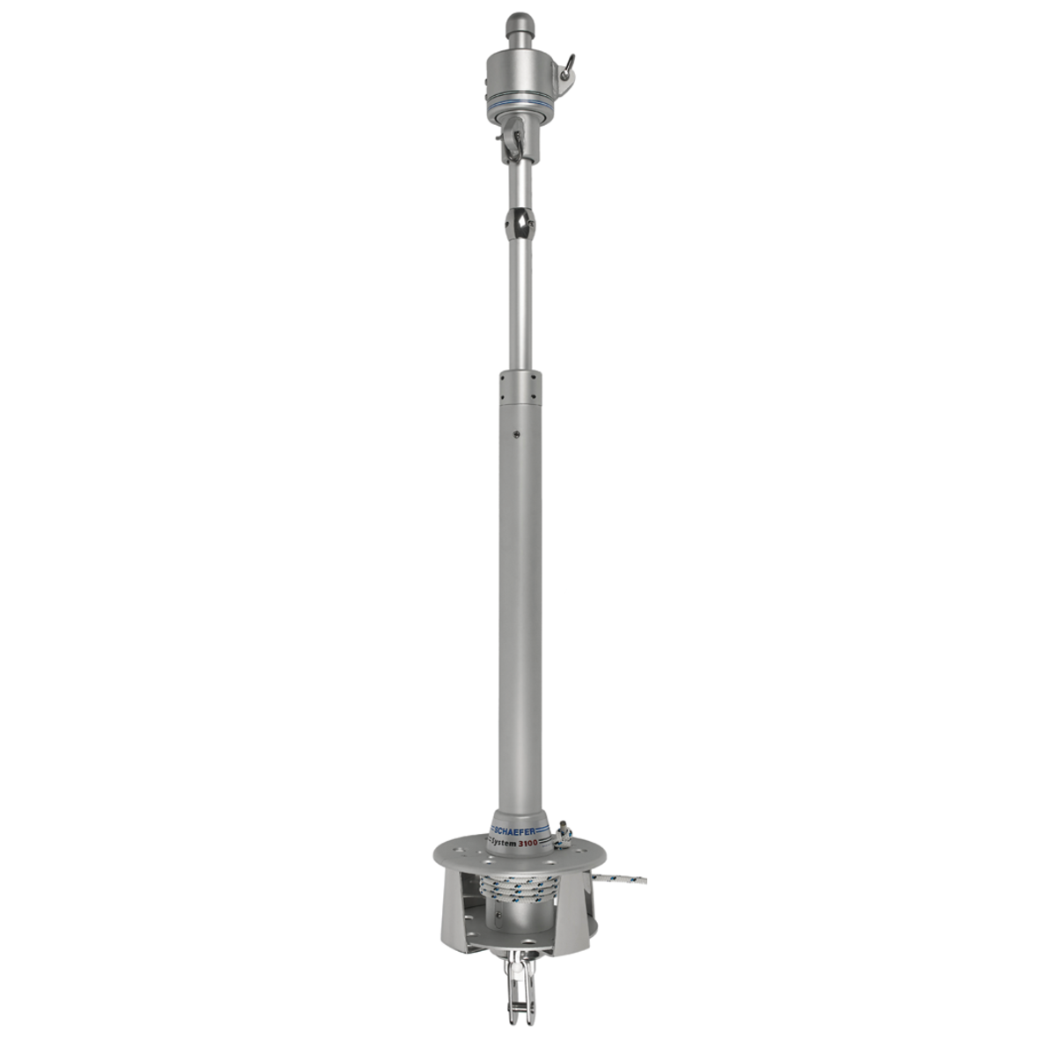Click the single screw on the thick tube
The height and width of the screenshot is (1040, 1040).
[515, 435]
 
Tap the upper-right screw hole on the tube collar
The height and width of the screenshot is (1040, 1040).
[536, 380]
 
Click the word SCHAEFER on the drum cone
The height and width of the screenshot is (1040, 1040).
[522, 830]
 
